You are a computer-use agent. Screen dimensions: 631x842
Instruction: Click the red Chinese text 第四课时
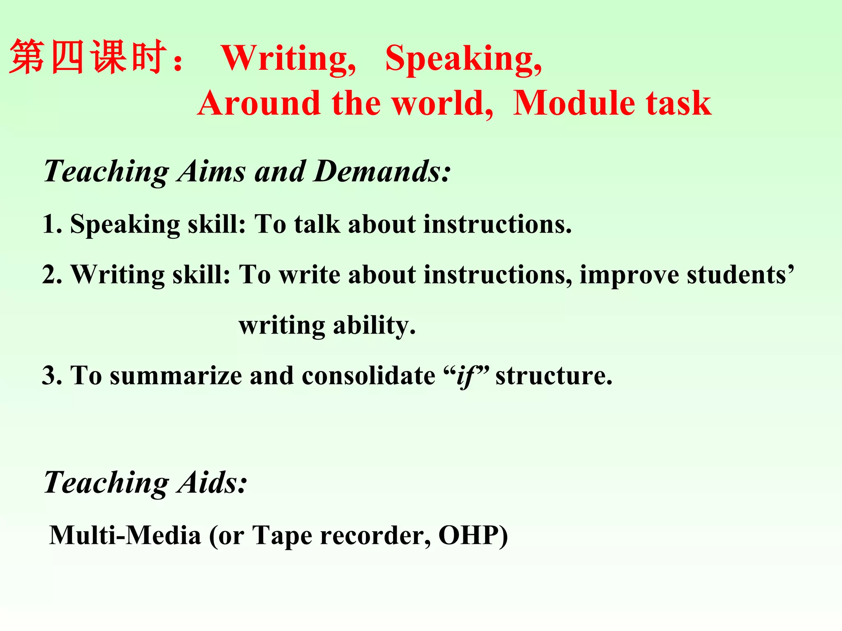click(88, 58)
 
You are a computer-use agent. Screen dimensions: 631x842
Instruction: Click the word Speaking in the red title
click(463, 59)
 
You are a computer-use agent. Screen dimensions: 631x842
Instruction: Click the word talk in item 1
click(317, 224)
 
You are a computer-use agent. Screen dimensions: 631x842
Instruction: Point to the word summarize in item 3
click(176, 375)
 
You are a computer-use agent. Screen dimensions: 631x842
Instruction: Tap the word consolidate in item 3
click(368, 375)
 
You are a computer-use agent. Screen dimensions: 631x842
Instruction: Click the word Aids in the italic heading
click(211, 482)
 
